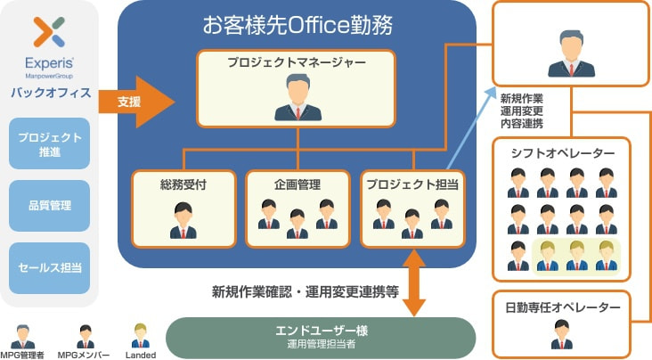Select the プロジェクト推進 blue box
50,143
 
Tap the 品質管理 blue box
50,206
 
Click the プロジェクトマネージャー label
296,63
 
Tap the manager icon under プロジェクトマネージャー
296,98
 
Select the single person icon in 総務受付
182,220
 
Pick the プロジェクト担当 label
411,184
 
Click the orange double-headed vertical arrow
412,282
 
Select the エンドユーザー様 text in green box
322,331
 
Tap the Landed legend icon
140,335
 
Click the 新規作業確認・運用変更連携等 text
305,291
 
